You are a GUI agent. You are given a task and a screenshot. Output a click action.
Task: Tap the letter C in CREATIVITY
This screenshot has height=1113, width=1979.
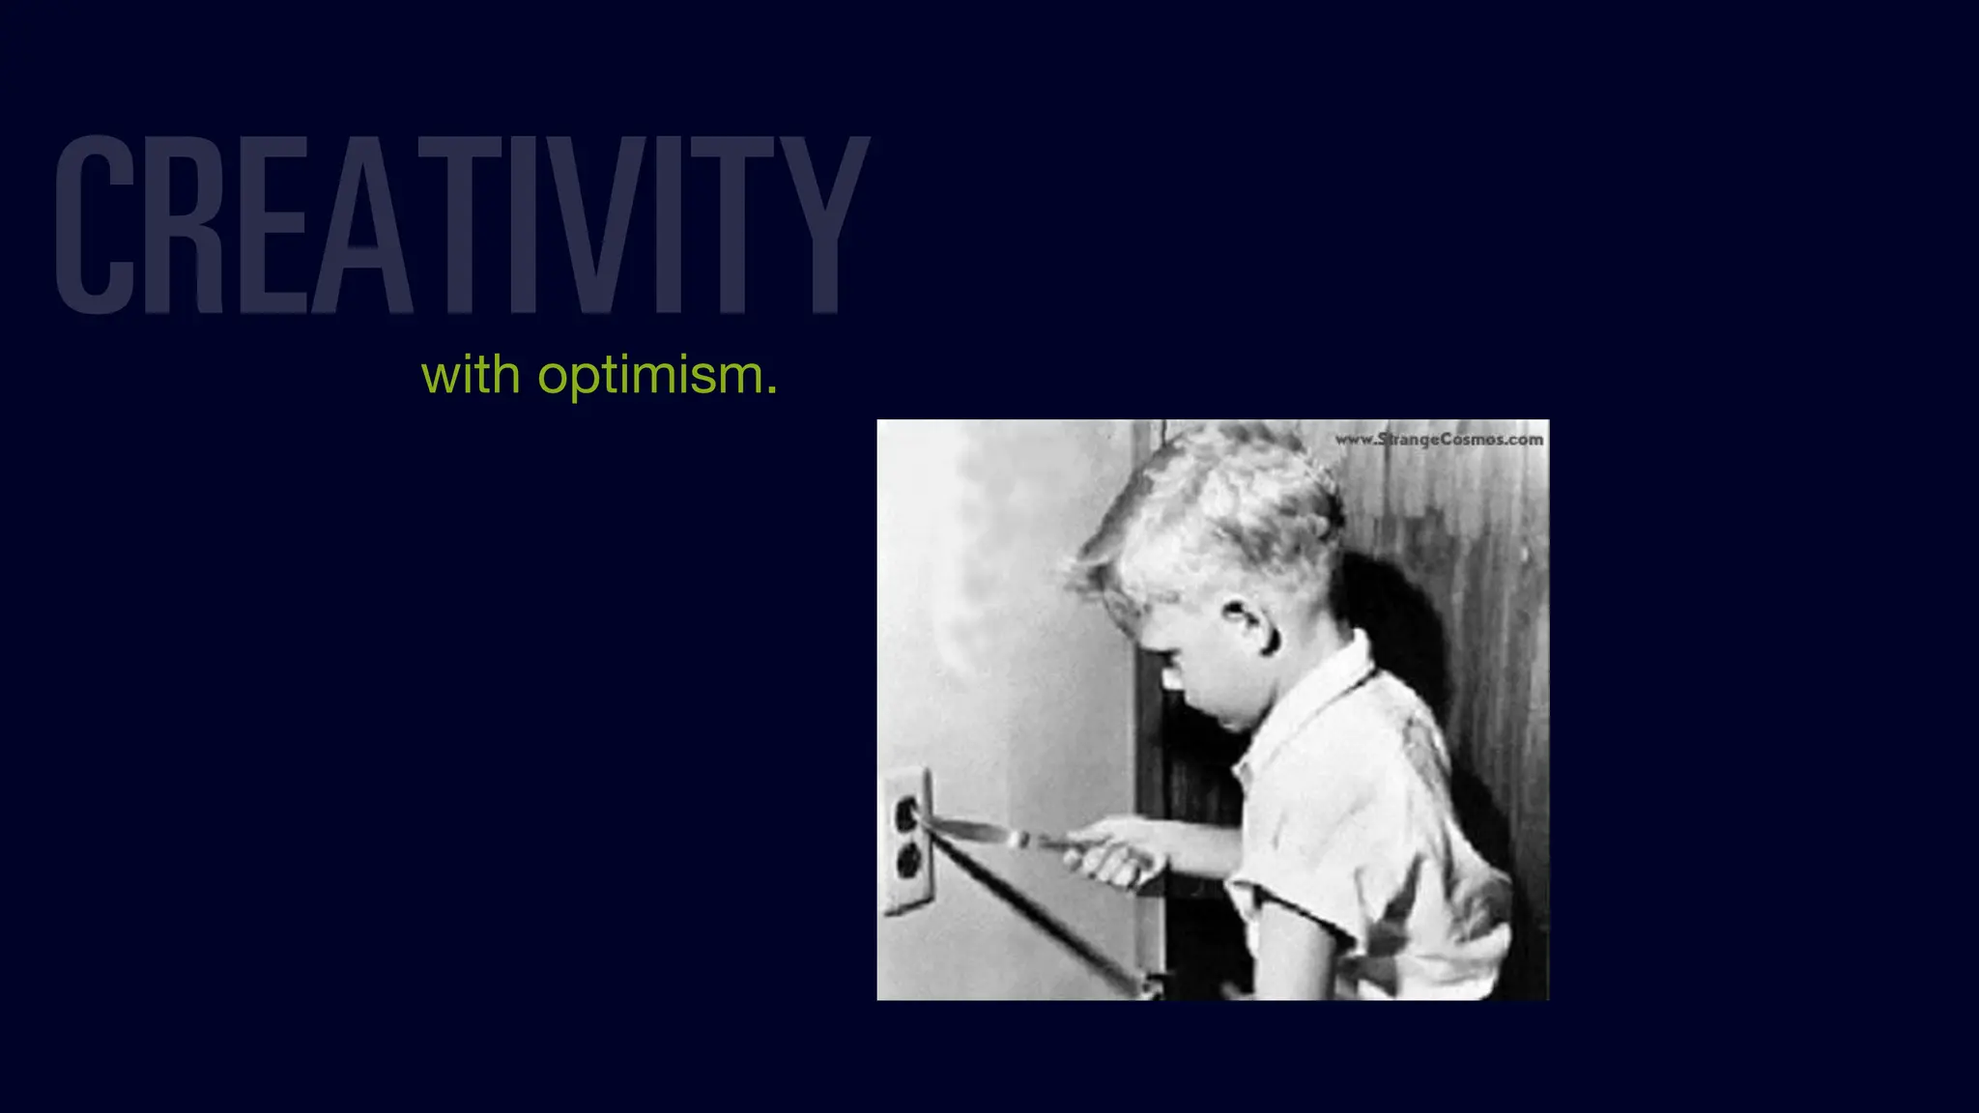[94, 224]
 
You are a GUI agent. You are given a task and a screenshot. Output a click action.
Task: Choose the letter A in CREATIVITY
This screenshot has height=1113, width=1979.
[361, 224]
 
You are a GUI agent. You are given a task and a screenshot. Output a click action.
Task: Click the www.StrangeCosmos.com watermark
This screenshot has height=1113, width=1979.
[1439, 440]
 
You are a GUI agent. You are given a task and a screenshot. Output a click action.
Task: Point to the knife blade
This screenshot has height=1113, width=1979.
[976, 829]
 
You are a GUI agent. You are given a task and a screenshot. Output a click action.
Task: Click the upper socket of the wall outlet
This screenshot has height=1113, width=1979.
[905, 813]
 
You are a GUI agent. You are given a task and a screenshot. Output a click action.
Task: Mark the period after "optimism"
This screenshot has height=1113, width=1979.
[771, 391]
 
